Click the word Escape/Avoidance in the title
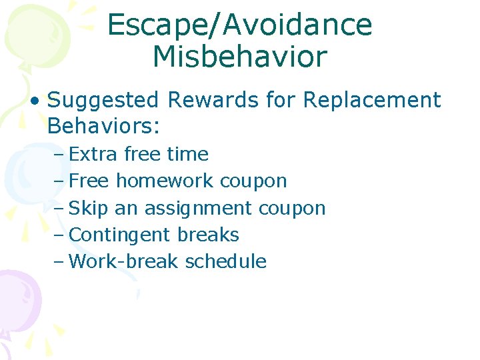point(239,25)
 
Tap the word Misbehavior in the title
point(239,57)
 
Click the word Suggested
point(104,101)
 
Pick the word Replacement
point(371,101)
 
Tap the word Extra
point(93,155)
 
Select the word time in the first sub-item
point(187,155)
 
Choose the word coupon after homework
point(253,181)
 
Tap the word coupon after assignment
point(292,208)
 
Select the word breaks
point(208,235)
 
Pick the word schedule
point(225,261)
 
